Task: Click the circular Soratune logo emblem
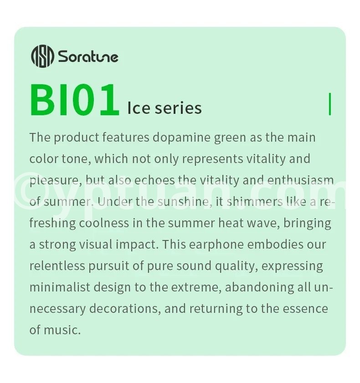[x=42, y=56]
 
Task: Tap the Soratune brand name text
[x=88, y=56]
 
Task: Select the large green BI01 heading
[x=75, y=100]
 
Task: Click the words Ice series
[x=165, y=108]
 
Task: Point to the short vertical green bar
[x=330, y=104]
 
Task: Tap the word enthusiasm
[x=301, y=180]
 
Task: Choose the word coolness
[x=104, y=223]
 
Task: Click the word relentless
[x=57, y=266]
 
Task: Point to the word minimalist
[x=60, y=287]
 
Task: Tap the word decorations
[x=123, y=309]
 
